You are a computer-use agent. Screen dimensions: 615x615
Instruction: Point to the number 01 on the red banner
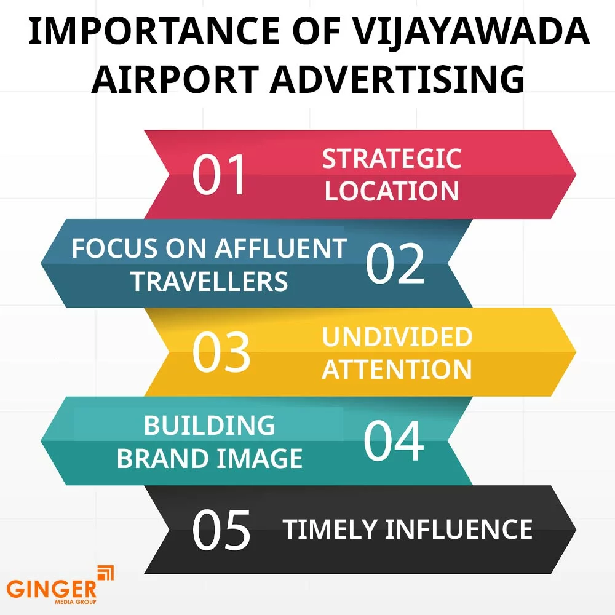click(219, 175)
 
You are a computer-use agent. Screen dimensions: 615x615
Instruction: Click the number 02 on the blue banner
click(395, 264)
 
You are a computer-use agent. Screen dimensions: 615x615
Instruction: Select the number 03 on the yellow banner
click(221, 352)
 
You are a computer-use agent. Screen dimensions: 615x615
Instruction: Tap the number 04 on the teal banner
click(394, 442)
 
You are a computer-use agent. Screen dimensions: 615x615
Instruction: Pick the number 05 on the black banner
click(221, 530)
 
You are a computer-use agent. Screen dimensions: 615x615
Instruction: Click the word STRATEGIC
click(392, 159)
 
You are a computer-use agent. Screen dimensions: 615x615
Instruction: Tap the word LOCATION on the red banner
click(392, 191)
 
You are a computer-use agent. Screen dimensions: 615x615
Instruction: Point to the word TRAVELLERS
click(210, 281)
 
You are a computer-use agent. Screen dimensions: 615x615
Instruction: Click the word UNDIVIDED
click(397, 337)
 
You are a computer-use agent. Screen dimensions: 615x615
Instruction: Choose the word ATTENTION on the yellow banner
click(397, 370)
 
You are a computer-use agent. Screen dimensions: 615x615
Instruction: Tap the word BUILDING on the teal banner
click(210, 426)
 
